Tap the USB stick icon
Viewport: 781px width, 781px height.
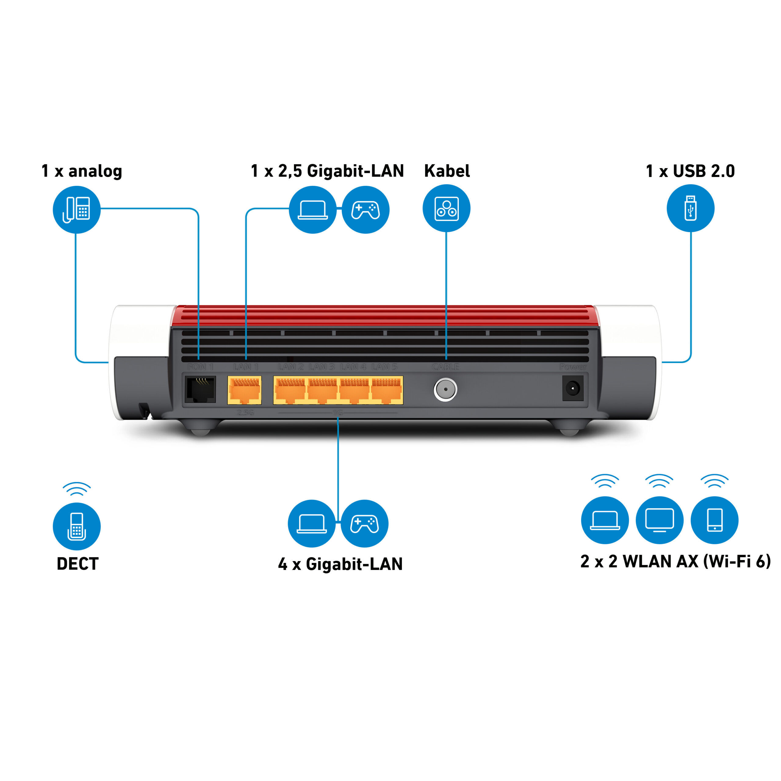tap(690, 208)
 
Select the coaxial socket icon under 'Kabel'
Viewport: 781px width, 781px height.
tap(446, 208)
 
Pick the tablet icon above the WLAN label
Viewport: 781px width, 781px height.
tap(714, 520)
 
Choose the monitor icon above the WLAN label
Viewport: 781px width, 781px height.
tap(659, 520)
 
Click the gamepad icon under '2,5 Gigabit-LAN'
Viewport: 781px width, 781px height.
tap(365, 209)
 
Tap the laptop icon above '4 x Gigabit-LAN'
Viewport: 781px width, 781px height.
tap(311, 524)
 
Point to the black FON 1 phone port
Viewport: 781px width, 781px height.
tap(200, 389)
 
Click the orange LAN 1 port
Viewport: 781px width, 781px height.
tap(244, 390)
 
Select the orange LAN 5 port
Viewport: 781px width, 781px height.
tap(387, 390)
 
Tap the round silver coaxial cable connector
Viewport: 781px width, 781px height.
tap(445, 389)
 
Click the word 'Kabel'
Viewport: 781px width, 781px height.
tap(447, 171)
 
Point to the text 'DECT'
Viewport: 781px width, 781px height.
tap(77, 564)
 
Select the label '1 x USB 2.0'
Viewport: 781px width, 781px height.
tap(690, 171)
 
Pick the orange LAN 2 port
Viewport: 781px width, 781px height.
tap(290, 390)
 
